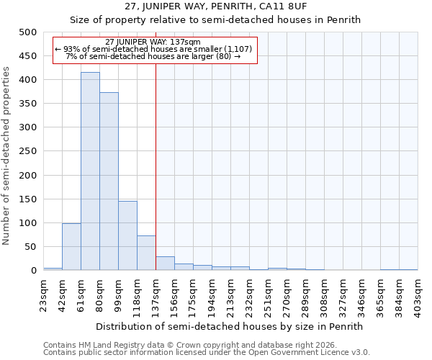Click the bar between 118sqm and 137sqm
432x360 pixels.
(146, 253)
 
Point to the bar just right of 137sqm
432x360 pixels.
(165, 264)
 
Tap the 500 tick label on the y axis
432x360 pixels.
(27, 32)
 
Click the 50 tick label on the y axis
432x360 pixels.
(30, 247)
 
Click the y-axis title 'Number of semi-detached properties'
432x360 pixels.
(7, 156)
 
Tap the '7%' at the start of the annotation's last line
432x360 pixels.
(71, 55)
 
